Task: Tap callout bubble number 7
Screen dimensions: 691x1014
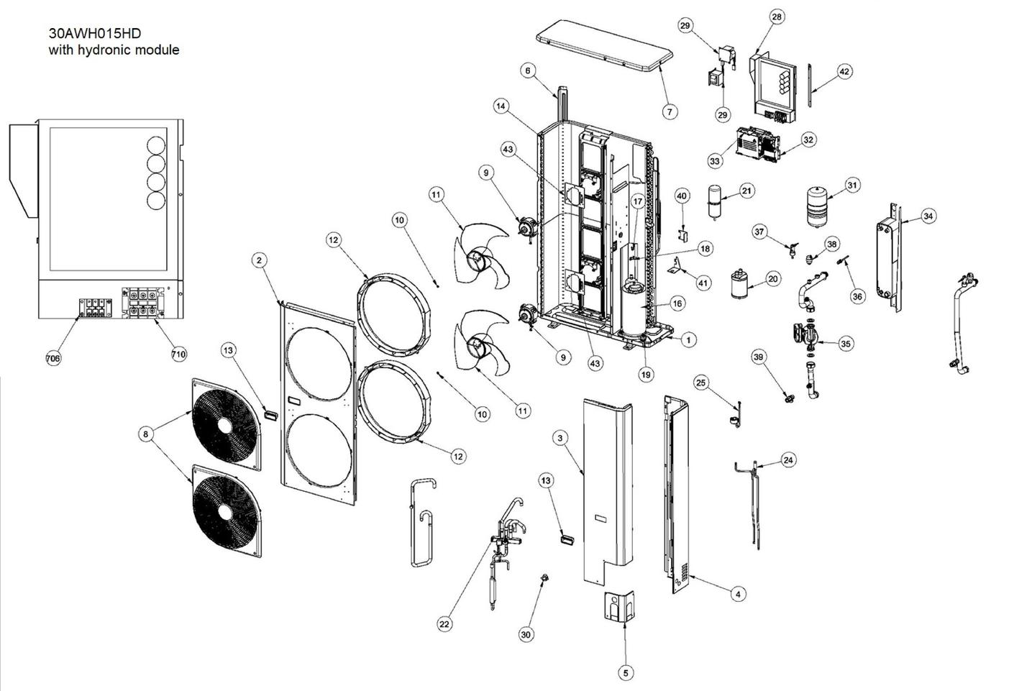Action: point(670,111)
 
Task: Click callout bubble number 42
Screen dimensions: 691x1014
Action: point(844,71)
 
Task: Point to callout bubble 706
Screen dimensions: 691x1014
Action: point(53,358)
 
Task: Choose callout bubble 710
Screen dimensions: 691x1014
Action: point(178,354)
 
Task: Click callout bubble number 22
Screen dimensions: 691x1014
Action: point(444,623)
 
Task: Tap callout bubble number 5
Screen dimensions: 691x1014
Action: point(625,672)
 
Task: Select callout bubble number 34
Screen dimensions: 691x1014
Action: point(928,216)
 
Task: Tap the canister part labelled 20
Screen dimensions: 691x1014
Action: point(738,284)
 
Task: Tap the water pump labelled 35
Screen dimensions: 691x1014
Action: point(809,338)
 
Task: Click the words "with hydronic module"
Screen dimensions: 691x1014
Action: point(114,50)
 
